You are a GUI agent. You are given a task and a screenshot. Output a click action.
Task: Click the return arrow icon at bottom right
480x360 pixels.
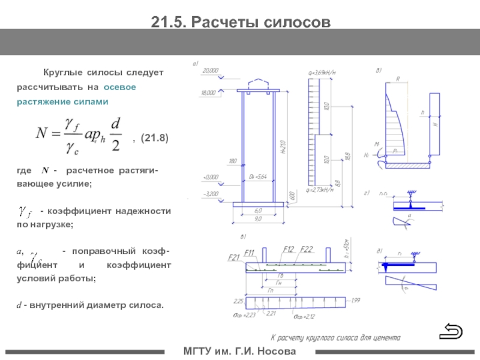[451, 330]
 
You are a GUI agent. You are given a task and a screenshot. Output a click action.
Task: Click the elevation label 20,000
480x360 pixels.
[211, 70]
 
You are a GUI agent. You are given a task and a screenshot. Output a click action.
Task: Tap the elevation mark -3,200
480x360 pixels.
[211, 194]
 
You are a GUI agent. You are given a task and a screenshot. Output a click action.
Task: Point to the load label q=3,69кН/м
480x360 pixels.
[321, 73]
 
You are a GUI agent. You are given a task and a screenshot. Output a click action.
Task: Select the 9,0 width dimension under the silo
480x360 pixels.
[259, 218]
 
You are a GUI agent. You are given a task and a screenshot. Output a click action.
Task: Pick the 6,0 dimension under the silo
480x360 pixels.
[259, 211]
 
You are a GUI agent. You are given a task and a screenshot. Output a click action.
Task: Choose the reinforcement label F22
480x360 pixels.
[307, 249]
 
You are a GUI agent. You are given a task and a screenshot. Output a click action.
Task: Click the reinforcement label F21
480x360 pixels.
[234, 257]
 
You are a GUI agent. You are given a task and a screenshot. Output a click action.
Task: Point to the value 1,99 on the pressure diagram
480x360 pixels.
[356, 300]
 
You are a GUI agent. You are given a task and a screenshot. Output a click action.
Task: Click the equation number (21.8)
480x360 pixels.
[154, 139]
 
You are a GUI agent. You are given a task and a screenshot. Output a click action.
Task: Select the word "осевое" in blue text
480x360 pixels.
[120, 87]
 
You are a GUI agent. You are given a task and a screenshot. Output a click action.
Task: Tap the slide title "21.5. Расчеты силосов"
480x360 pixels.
[240, 22]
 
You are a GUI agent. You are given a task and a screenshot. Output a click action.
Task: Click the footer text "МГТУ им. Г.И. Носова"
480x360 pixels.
[239, 350]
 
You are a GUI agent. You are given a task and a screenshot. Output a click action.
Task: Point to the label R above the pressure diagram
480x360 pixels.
[398, 78]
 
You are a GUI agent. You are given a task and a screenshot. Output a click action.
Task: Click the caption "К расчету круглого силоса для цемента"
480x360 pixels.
[328, 337]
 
